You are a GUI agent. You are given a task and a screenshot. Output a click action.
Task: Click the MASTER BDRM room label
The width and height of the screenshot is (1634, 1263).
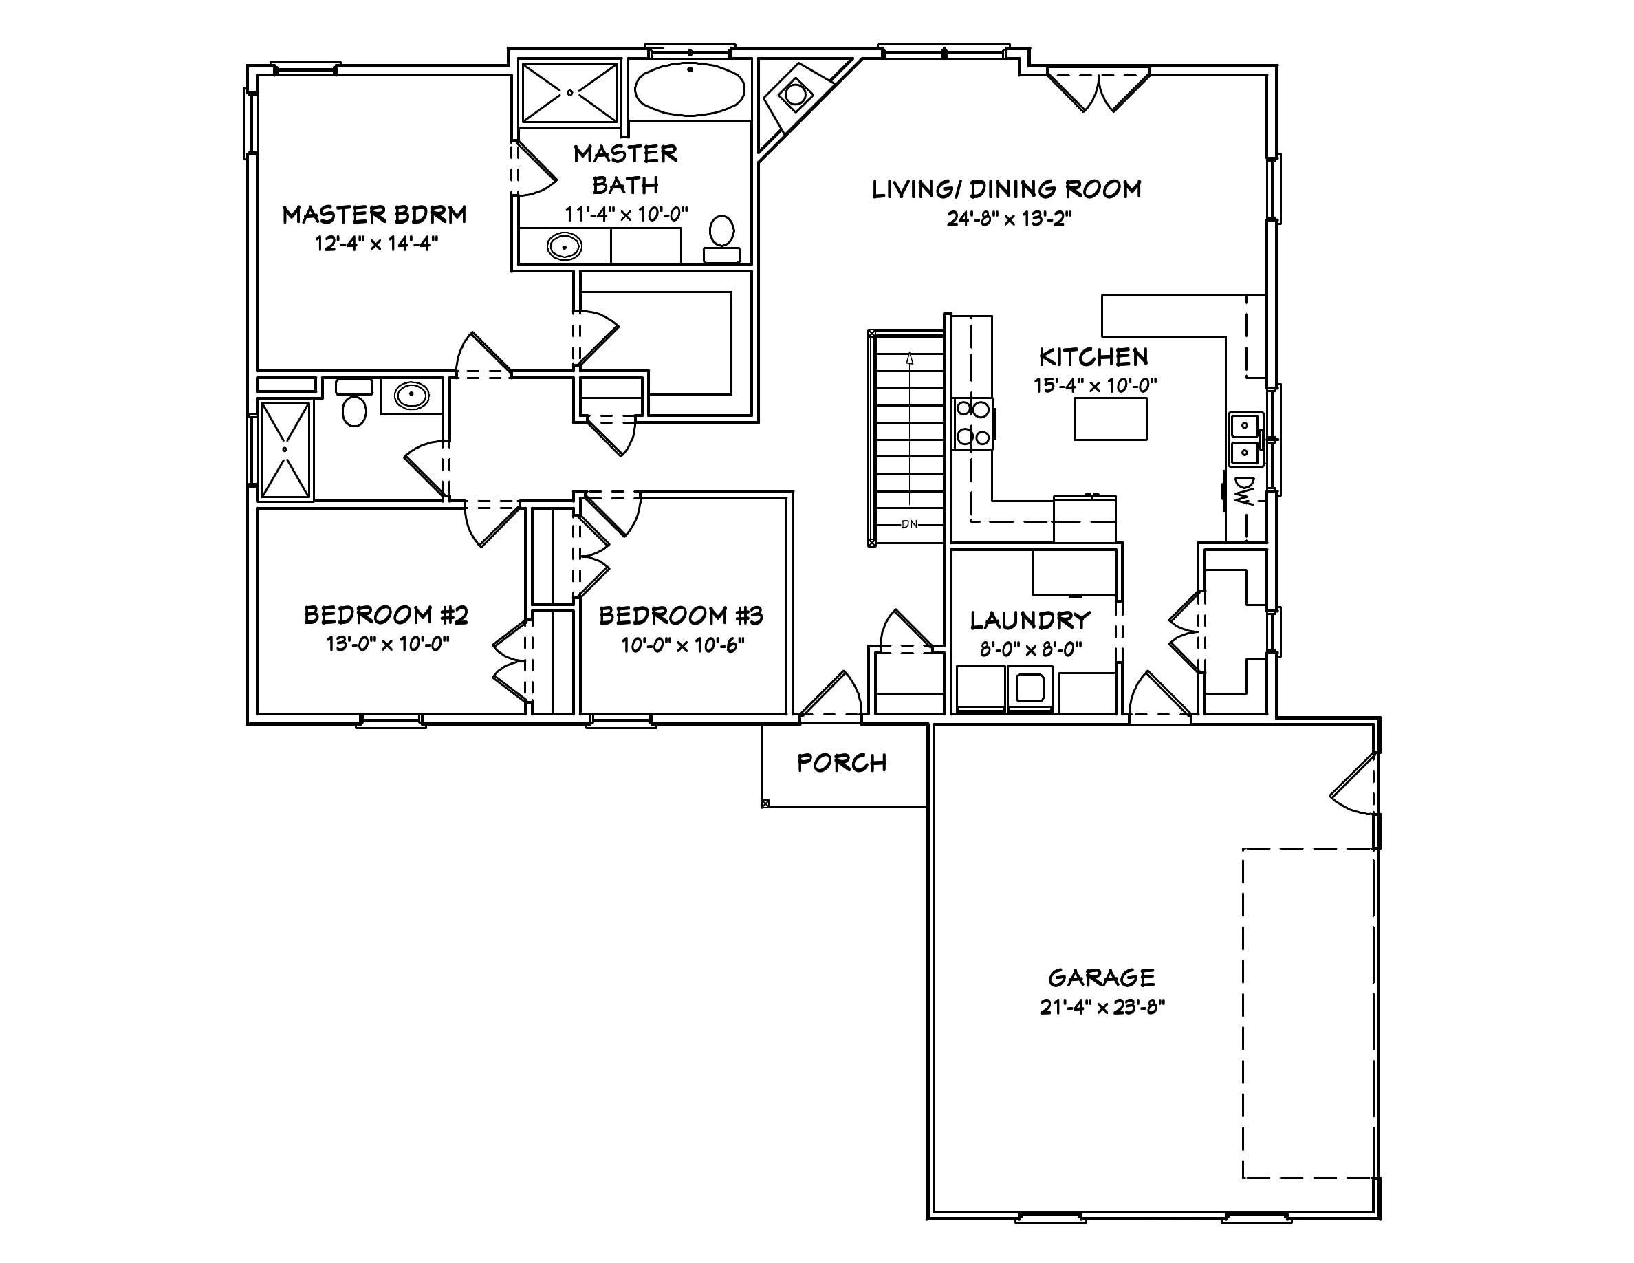[x=374, y=215]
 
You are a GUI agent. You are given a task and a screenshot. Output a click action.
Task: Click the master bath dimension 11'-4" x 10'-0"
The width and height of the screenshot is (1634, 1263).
[x=625, y=215]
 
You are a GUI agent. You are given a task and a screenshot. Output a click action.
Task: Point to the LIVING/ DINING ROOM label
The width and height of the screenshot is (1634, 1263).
[x=1007, y=189]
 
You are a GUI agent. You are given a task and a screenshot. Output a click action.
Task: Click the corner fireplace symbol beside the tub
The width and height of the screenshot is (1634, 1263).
[x=794, y=95]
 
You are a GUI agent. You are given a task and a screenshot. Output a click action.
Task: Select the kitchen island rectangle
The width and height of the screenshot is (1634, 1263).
[x=1110, y=419]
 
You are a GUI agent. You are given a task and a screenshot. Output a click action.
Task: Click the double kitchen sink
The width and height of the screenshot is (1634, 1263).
[x=1245, y=439]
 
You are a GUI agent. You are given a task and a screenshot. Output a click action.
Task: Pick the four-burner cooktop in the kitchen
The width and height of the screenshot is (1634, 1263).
[x=972, y=423]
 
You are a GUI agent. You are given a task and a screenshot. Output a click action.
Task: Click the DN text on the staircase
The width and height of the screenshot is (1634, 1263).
[x=909, y=523]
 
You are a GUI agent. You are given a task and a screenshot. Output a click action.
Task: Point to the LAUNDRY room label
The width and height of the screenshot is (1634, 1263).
[x=1030, y=620]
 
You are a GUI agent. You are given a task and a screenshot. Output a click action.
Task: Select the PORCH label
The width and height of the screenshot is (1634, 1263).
[x=842, y=763]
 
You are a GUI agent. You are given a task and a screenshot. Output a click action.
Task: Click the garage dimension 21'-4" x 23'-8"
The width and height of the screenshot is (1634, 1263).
[x=1102, y=1007]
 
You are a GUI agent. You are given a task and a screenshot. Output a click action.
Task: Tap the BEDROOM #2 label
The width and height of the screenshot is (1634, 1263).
[x=386, y=615]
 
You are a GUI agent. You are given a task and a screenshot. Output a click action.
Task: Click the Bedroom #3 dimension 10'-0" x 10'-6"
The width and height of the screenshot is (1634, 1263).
[x=682, y=645]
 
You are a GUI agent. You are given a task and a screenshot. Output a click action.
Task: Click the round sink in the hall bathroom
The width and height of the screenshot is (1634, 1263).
[x=411, y=394]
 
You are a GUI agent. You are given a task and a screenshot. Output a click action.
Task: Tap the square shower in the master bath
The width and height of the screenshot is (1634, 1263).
[x=570, y=93]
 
